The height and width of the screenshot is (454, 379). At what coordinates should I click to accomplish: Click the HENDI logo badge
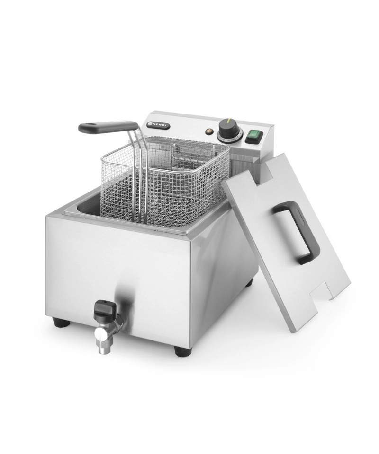tap(158, 125)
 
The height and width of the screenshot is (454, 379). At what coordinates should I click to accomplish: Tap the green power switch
tap(254, 137)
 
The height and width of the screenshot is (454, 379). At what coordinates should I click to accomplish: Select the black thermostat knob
tap(229, 129)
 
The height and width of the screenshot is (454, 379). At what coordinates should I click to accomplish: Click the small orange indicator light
tap(208, 131)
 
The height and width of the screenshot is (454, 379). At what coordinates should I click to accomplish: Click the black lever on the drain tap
tap(104, 309)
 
